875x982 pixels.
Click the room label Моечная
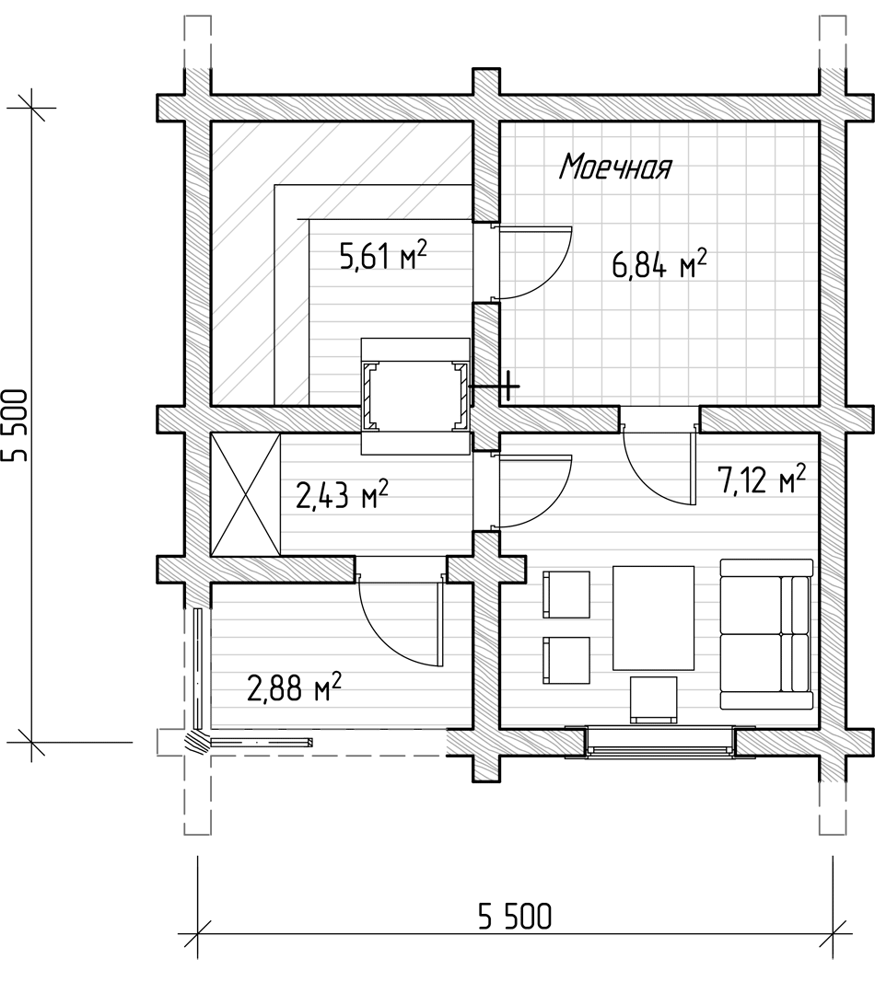(x=615, y=167)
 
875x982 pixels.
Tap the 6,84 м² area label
(x=659, y=263)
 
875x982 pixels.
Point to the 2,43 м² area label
(x=342, y=494)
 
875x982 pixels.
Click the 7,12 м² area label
(x=761, y=479)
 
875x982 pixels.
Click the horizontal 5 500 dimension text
(x=515, y=918)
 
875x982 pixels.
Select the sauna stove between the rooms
(x=415, y=396)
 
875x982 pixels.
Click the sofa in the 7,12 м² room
(x=766, y=634)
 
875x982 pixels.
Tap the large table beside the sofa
(x=653, y=618)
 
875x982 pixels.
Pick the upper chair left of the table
(x=566, y=594)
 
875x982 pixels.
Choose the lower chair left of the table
(x=566, y=660)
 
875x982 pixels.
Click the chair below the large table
(x=654, y=699)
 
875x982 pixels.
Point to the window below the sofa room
(x=659, y=742)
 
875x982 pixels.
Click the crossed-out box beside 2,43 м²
(x=246, y=494)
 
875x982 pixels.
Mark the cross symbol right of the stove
(x=507, y=387)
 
